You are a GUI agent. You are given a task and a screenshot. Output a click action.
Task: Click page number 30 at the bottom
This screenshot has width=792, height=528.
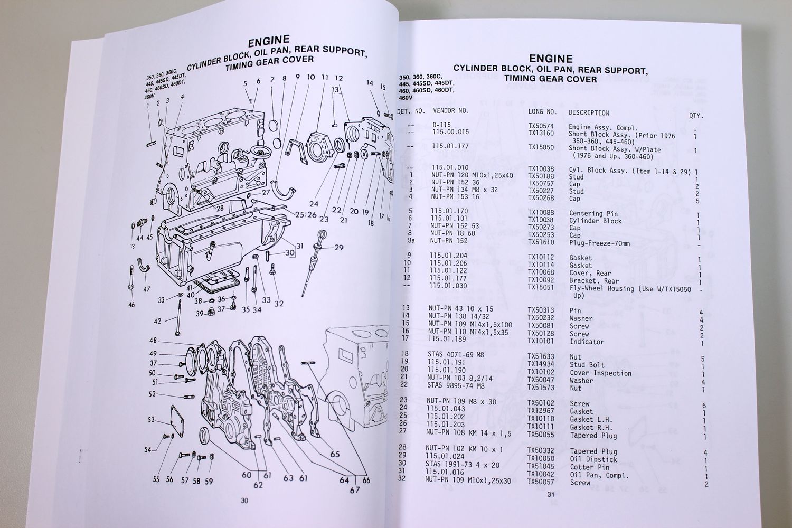tap(243, 501)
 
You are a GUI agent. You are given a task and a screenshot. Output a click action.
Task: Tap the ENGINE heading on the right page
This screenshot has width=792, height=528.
tap(550, 59)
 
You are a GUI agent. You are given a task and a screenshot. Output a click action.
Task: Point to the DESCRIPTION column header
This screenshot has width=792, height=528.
tap(589, 113)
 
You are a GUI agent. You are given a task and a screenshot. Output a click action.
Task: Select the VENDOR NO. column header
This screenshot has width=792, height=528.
tap(450, 111)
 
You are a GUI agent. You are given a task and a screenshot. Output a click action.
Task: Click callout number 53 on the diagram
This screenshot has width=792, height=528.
tap(151, 420)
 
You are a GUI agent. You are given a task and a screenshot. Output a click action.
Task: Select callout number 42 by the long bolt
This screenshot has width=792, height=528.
tap(157, 321)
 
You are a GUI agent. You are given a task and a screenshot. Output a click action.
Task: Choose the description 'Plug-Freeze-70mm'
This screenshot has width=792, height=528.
tap(599, 243)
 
